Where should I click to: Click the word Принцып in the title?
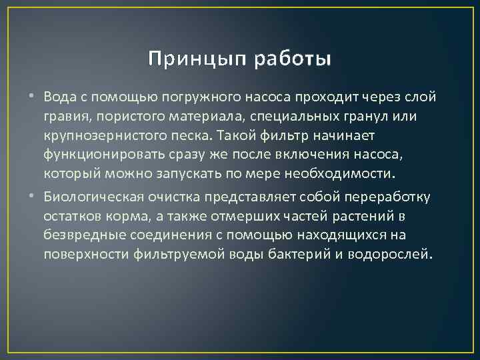click(x=193, y=59)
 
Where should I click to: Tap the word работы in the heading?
click(x=292, y=59)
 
